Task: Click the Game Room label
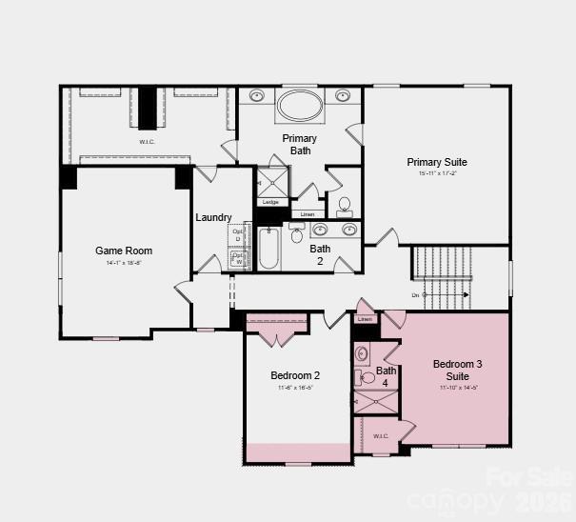click(x=124, y=251)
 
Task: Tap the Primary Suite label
click(x=437, y=162)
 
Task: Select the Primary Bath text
click(x=299, y=145)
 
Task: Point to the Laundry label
click(x=214, y=218)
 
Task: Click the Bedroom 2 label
click(x=295, y=375)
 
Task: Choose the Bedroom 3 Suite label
click(x=458, y=370)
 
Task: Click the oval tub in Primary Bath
click(x=300, y=105)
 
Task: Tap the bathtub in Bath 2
click(x=269, y=249)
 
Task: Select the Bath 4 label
click(x=386, y=376)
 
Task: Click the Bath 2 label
click(x=320, y=254)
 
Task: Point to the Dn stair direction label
click(x=415, y=295)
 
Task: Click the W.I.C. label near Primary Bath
click(x=147, y=143)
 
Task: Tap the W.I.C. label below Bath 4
click(x=381, y=436)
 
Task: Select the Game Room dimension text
click(x=124, y=262)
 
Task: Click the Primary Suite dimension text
click(x=437, y=173)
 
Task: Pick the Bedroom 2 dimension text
click(x=295, y=388)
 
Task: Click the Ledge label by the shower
click(x=270, y=202)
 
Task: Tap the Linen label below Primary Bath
click(x=308, y=214)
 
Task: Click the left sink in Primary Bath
click(x=257, y=96)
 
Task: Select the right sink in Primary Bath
click(x=343, y=96)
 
